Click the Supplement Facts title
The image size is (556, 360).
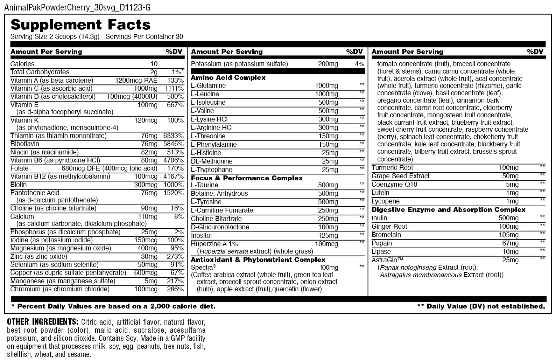tap(80, 25)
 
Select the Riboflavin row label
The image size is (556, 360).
tap(24, 144)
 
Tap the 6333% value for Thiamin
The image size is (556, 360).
tap(173, 136)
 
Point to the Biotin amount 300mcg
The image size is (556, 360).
tap(146, 185)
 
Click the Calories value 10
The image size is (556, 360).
tap(154, 64)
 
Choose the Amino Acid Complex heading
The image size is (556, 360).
tap(228, 78)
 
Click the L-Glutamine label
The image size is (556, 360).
tap(208, 86)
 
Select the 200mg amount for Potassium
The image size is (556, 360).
tap(328, 64)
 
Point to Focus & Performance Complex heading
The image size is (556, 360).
tap(247, 178)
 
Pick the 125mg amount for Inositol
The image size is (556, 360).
tap(328, 236)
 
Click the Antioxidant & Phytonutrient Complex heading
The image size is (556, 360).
tap(258, 260)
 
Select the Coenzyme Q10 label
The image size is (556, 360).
tap(394, 185)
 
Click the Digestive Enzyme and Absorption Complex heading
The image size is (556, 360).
tap(448, 210)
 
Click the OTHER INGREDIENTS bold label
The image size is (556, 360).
tap(43, 322)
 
